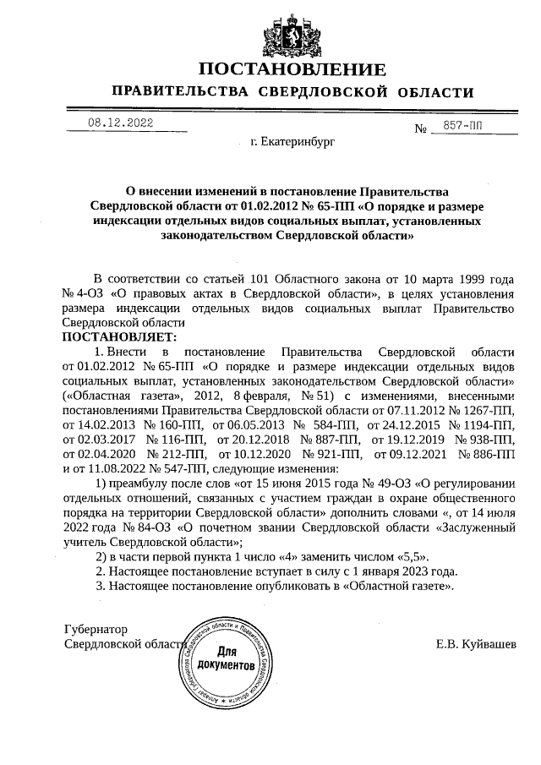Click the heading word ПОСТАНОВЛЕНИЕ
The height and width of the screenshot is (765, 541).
click(x=292, y=68)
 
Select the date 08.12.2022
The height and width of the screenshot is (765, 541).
click(x=120, y=123)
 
